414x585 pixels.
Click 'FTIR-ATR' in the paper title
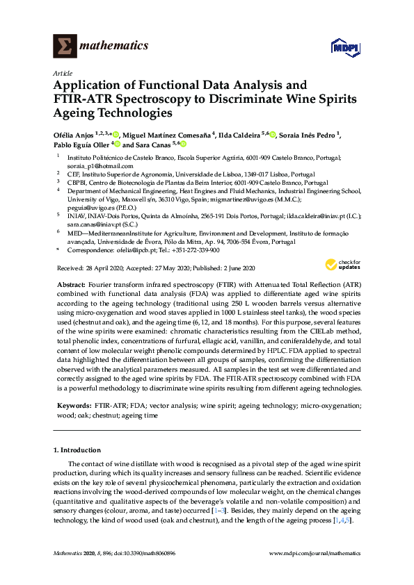83,99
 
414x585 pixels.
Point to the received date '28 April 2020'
104,268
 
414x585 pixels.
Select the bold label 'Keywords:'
73,404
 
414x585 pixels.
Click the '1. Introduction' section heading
77,450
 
